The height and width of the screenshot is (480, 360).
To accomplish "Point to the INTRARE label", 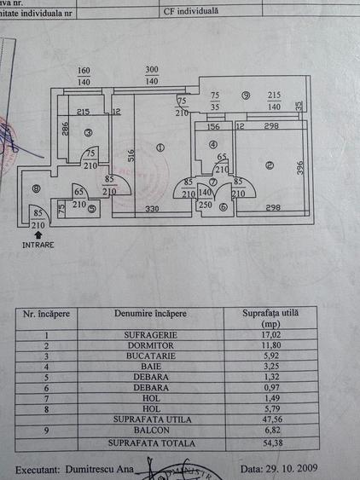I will click(38, 244).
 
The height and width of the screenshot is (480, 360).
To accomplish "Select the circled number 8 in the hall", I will click(36, 189).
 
